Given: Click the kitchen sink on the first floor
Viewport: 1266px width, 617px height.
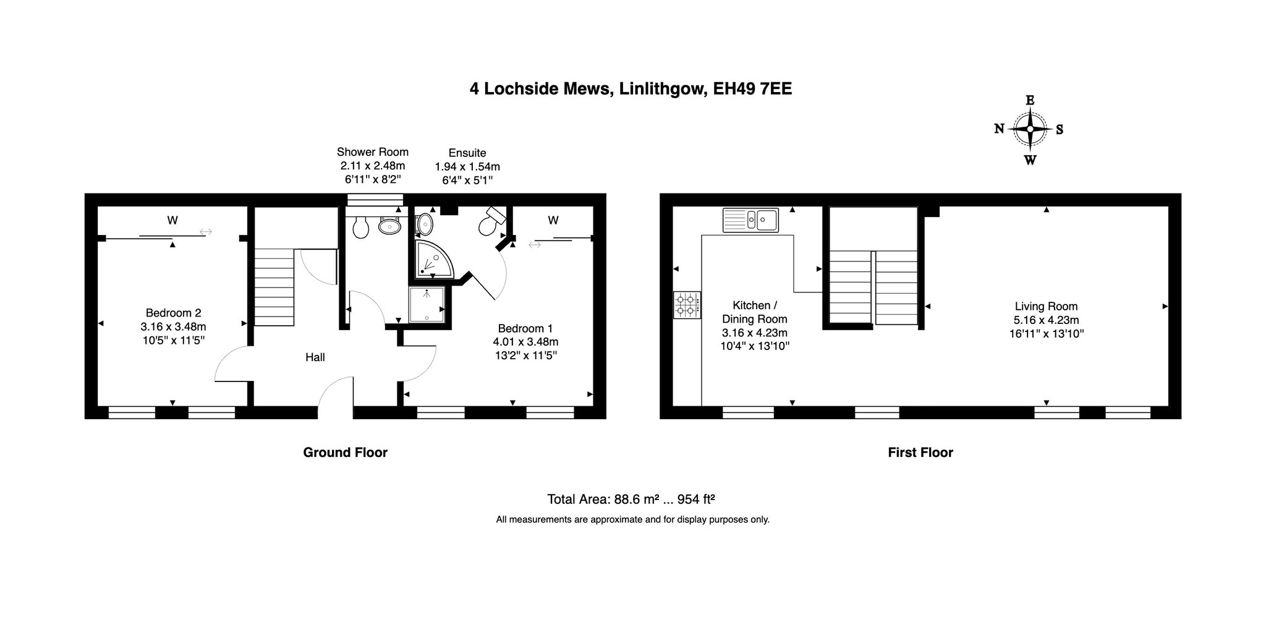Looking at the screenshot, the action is pos(751,219).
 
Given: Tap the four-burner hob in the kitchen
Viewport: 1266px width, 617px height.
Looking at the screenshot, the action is pos(687,305).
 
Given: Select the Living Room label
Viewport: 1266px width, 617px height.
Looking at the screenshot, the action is pos(1046,306).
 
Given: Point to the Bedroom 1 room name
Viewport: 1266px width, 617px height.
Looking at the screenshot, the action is pos(525,328).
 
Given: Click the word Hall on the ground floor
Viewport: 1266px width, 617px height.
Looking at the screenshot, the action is pos(315,357).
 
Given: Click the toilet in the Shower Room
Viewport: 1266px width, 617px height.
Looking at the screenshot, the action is pos(360,227).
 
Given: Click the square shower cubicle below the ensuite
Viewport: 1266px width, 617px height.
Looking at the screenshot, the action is pos(427,305).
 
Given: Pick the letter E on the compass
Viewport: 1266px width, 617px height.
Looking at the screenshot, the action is pos(1030,100).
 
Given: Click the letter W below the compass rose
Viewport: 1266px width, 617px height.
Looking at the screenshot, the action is pos(1030,160).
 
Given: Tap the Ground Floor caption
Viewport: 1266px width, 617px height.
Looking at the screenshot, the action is pos(345,453).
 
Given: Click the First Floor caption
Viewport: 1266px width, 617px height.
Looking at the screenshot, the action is pos(920,453).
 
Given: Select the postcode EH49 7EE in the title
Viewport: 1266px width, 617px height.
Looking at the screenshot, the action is pos(752,89).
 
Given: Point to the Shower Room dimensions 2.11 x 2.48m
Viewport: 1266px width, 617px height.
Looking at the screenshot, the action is pos(373,166).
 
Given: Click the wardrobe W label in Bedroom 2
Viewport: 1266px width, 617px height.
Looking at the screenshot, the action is pos(172,219).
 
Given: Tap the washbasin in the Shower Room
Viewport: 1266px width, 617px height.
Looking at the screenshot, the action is pos(390,226).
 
